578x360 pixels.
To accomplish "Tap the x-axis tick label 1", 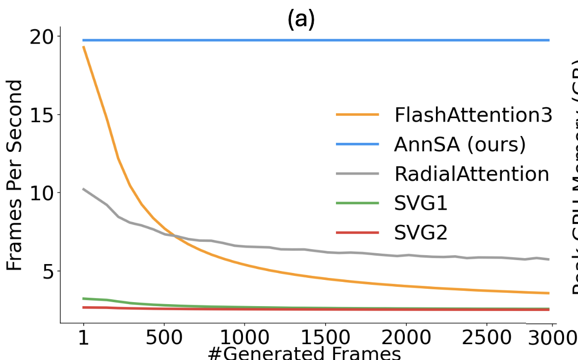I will (84, 339).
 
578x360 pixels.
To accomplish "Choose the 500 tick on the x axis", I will (164, 339).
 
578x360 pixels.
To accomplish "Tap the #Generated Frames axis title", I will (304, 354).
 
